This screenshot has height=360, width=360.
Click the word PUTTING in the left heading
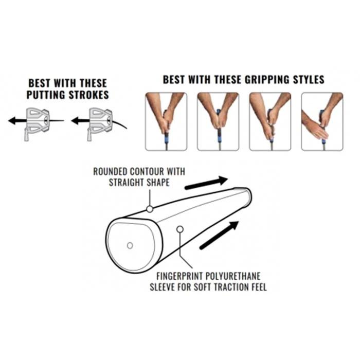pos(46,95)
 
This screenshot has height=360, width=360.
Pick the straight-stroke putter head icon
pos(37,123)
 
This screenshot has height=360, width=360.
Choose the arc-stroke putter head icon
pos(100,123)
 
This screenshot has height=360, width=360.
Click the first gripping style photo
pos(166,121)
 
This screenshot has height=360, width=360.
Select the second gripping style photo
pos(218,121)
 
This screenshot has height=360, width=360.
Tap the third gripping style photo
pos(270,121)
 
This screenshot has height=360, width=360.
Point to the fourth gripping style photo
pos(322,121)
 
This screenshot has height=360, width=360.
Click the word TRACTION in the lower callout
pos(230,287)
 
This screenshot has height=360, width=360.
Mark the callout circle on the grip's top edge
pos(150,209)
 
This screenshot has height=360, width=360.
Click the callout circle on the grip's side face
pos(180,229)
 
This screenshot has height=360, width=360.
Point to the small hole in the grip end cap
pos(130,245)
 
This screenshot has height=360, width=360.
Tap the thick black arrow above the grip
pos(206,183)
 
